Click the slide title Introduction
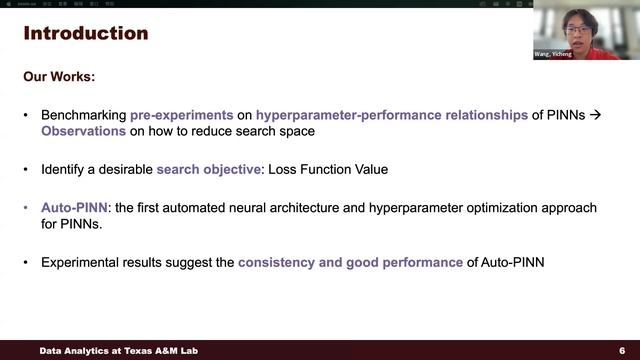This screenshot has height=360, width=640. click(x=86, y=34)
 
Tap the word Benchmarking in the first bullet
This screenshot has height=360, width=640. click(x=83, y=115)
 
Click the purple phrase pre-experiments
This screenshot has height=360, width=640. click(x=190, y=115)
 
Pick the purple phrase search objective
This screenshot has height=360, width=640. click(x=207, y=169)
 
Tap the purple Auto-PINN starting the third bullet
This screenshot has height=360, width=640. click(x=75, y=207)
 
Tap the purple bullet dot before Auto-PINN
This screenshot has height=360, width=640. click(x=27, y=207)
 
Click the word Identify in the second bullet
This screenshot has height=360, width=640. click(x=63, y=169)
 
